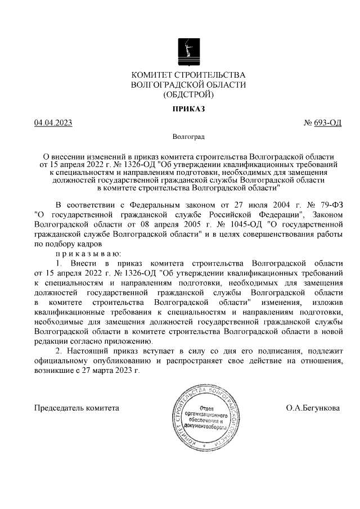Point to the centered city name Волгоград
pyautogui.click(x=188, y=137)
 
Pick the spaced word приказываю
pyautogui.click(x=84, y=254)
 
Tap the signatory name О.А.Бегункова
pyautogui.click(x=313, y=407)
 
